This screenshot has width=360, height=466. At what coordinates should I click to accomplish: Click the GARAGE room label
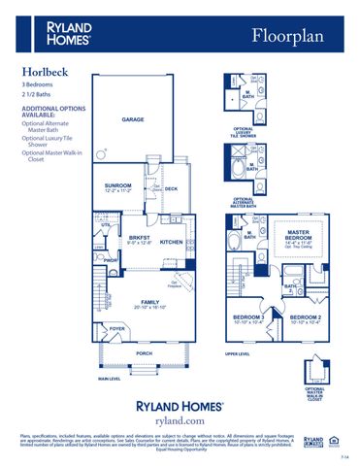(x=132, y=119)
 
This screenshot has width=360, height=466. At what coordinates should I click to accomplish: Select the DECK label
(x=170, y=188)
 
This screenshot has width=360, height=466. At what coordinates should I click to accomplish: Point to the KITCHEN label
(x=172, y=242)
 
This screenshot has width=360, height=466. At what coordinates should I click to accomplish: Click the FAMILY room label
(x=148, y=301)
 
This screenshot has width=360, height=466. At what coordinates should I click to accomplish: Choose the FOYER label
(x=117, y=330)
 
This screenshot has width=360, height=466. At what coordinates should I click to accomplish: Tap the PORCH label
(x=144, y=353)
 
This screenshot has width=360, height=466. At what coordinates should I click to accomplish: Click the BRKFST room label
(x=139, y=237)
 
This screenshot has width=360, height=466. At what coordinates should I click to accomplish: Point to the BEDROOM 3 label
(x=248, y=317)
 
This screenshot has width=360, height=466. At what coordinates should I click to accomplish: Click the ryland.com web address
(x=180, y=420)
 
